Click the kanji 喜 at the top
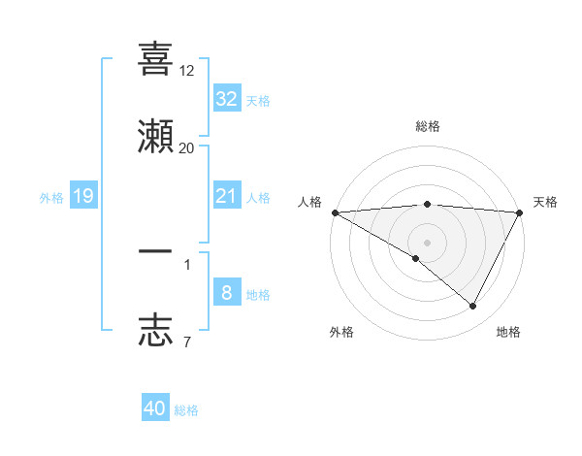coord(155,59)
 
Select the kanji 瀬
coord(155,137)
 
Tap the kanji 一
coord(155,251)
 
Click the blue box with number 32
coord(226,98)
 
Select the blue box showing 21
coord(226,197)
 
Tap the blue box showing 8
coord(226,293)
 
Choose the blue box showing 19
coord(82,197)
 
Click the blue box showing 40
coord(155,408)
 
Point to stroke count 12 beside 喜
coord(187,71)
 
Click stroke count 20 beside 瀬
coord(187,147)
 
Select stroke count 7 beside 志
coord(187,341)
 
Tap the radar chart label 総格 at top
coord(428,126)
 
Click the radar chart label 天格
coord(545,202)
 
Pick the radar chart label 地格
coord(508,332)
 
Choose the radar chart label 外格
coord(341,332)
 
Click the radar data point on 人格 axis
coord(335,212)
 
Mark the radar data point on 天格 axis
coord(520,212)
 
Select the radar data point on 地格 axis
coord(473,307)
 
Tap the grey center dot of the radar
coord(428,243)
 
